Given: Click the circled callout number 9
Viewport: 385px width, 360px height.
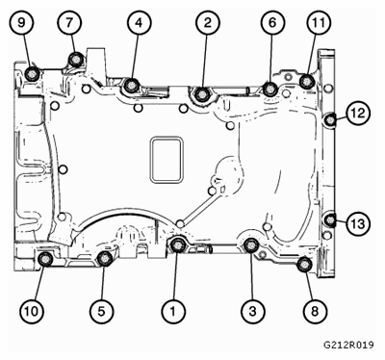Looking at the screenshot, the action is coord(21,23).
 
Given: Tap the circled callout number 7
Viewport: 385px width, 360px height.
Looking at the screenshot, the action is coord(69,23).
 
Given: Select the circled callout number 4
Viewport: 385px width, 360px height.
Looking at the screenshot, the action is coord(139,23).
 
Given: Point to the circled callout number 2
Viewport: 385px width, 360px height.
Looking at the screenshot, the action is coord(208,23).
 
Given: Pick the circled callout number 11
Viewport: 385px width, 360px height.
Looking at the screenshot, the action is coord(319,23).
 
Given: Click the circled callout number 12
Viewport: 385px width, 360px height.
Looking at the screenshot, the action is coord(358,113).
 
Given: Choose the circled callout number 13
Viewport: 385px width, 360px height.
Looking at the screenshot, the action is coord(358,223).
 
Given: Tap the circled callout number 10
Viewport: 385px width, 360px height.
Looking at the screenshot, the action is coord(32,311).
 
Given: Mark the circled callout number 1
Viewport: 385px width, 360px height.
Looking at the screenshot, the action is coord(173,311).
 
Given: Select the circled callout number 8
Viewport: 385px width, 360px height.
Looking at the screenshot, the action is coord(315,311).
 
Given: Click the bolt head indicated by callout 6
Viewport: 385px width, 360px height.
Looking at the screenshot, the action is coord(270,89).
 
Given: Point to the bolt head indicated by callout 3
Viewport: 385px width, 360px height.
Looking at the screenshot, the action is coord(251,245).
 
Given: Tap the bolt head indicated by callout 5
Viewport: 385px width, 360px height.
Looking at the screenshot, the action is coord(104,258).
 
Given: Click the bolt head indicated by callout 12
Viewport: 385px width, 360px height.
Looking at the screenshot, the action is coord(329,120).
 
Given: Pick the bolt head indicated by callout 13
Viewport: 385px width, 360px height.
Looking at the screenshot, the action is coord(329,220).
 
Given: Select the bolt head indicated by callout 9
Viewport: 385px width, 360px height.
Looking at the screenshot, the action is coord(32,74).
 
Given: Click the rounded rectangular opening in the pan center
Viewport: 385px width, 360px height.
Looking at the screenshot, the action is coord(167,160).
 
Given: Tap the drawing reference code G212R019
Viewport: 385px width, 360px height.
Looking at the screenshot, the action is coord(348,345).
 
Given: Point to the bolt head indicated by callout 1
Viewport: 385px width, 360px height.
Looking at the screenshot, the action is coord(177,245).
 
